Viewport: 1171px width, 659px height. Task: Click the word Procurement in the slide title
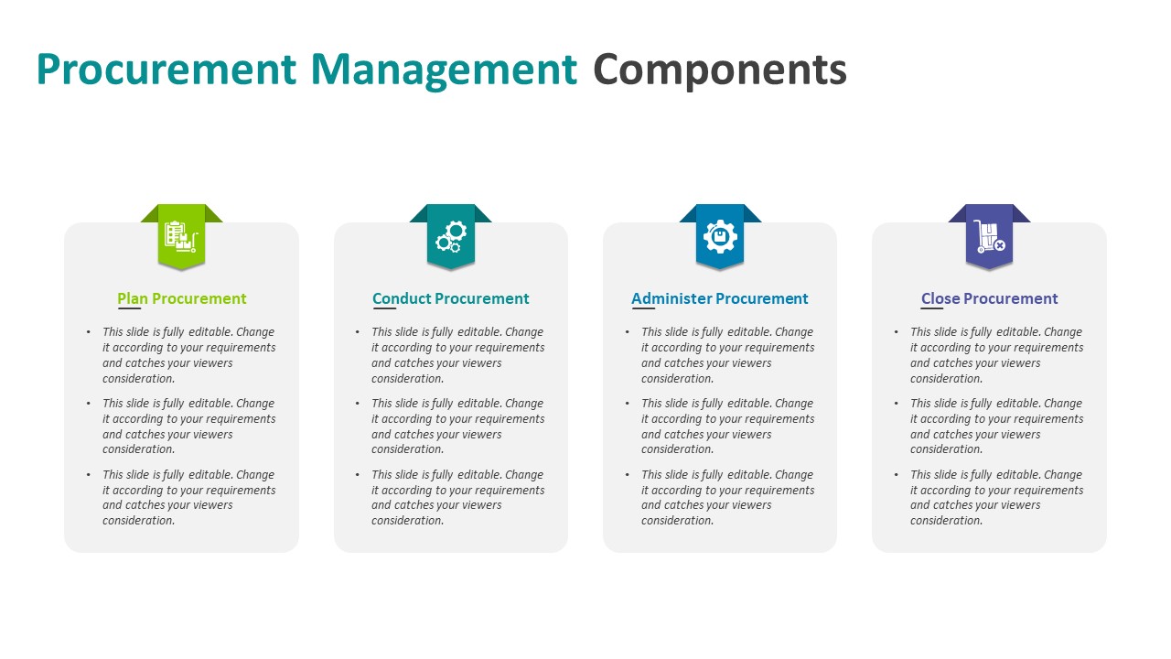[x=167, y=70]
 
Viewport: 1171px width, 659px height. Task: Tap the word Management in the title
[x=444, y=70]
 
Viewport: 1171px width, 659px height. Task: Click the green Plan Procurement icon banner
[x=181, y=236]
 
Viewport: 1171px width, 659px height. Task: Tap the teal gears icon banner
[x=450, y=236]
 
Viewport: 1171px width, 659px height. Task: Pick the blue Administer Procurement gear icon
[x=720, y=236]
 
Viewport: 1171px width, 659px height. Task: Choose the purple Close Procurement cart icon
[x=989, y=236]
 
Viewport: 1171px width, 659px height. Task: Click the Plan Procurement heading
[x=182, y=298]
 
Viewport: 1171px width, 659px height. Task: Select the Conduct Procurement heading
[x=451, y=298]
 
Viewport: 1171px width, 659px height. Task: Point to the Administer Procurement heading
[x=720, y=298]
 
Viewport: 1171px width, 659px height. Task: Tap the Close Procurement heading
[x=989, y=298]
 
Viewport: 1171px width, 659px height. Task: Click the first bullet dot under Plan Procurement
[x=89, y=332]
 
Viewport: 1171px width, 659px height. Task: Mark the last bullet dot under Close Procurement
[x=897, y=475]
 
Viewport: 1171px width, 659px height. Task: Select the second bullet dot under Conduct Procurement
[x=358, y=404]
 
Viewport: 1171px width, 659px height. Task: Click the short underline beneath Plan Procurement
[x=130, y=309]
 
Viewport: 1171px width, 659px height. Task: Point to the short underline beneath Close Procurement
[x=932, y=309]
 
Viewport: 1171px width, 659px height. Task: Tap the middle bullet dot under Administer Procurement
[x=628, y=404]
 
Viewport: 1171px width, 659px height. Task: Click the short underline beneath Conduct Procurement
[x=384, y=309]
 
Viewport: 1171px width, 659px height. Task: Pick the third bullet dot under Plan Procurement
[x=89, y=475]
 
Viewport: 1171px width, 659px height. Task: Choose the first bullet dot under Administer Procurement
[x=628, y=332]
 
